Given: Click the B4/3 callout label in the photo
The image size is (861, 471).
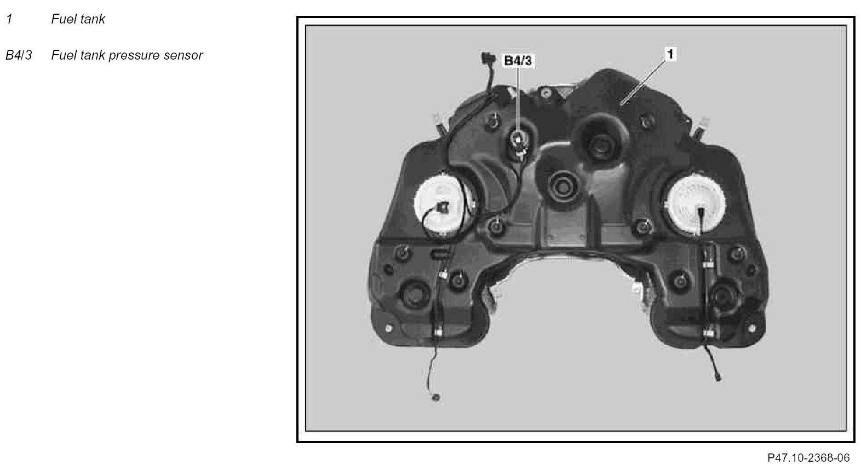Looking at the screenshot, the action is pos(518,61).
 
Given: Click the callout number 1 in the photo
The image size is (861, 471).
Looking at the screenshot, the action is pos(670,54).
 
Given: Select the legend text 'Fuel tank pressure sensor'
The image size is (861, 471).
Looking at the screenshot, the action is pos(127,55).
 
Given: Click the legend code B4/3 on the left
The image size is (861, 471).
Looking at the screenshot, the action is pos(19,55).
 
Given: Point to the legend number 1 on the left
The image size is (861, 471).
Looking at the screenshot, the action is pos(10,19).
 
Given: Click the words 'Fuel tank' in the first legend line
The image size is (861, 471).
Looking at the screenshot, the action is pos(78,19).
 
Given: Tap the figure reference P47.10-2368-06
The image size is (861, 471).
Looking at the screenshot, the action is pos(808,458).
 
